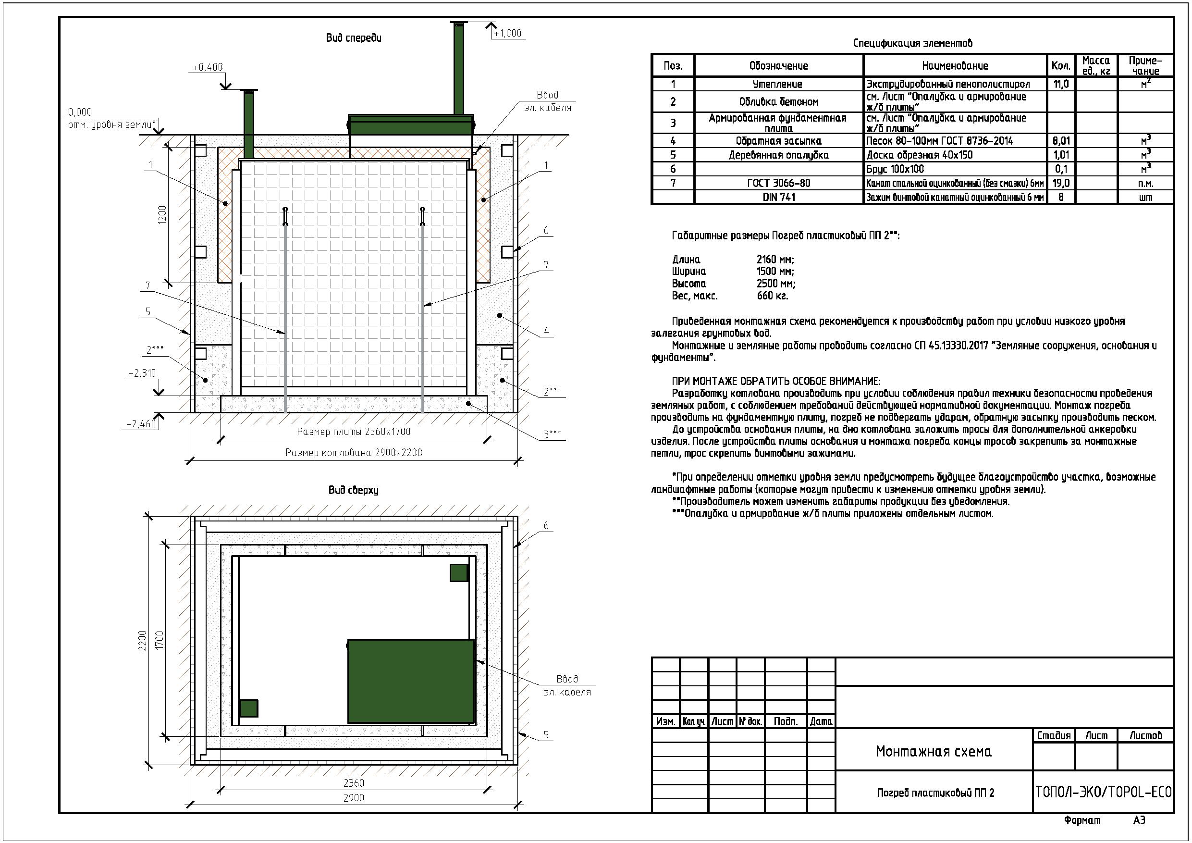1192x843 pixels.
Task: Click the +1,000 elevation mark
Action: click(507, 33)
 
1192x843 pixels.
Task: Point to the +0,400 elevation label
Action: click(208, 67)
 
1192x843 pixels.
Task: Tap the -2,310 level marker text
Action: click(142, 373)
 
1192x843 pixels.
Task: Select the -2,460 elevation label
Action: click(142, 424)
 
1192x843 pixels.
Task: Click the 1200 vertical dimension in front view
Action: click(162, 214)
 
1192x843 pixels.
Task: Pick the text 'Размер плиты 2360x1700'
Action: click(354, 432)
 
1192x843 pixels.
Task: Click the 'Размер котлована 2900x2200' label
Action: click(354, 452)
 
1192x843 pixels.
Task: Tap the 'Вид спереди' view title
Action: click(354, 37)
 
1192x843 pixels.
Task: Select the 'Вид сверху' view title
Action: click(354, 490)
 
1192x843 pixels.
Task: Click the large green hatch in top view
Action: click(411, 682)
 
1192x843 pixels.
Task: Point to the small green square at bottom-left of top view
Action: click(249, 708)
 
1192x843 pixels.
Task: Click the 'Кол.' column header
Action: click(1061, 66)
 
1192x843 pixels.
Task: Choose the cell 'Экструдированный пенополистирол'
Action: click(948, 84)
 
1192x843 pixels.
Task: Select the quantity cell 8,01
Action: click(1061, 141)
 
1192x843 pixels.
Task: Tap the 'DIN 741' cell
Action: click(779, 197)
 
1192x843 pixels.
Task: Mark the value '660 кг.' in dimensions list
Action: click(773, 296)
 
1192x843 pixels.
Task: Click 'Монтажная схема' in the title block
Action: click(934, 751)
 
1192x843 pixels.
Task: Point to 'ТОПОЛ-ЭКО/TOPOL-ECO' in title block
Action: click(1104, 792)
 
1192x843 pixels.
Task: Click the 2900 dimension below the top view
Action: click(354, 798)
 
